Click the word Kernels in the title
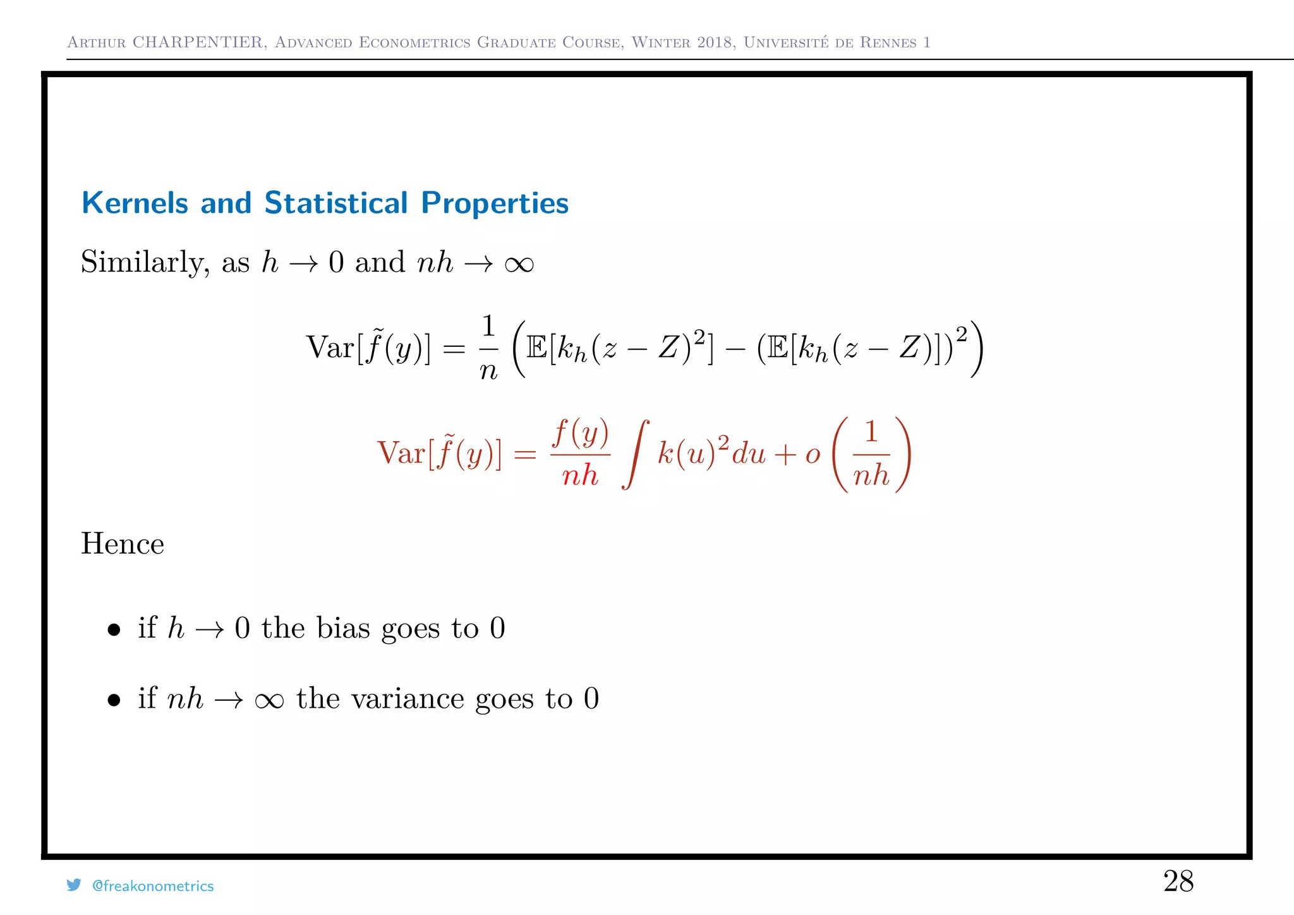coord(135,203)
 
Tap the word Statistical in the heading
coord(336,203)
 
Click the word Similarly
coord(145,263)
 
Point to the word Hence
coord(123,544)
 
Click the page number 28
coord(1178,882)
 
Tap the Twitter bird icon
coord(74,885)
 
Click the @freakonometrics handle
coord(153,887)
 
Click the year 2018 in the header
coord(716,42)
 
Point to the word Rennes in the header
coord(888,42)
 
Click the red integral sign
coord(636,454)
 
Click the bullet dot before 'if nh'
coord(114,700)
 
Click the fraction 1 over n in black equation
coord(488,348)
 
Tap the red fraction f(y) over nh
coord(580,454)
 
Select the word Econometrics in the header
coord(414,42)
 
